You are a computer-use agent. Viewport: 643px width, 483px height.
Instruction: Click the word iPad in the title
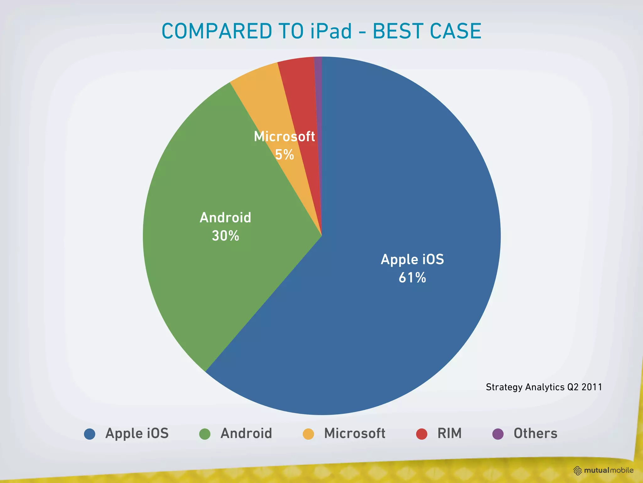(331, 31)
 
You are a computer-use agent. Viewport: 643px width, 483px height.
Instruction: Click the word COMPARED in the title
(217, 31)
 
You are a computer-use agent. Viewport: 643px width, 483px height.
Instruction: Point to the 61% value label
(412, 278)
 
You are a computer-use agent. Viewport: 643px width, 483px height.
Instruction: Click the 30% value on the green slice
(225, 236)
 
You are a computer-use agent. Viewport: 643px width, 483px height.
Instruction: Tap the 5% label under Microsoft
(284, 155)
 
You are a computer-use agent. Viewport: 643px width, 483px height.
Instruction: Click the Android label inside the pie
(225, 218)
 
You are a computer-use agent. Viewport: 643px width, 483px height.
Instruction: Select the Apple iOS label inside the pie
(412, 259)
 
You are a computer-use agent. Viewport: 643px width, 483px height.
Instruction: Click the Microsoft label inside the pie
(284, 136)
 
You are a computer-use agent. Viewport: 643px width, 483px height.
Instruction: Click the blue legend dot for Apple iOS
(90, 434)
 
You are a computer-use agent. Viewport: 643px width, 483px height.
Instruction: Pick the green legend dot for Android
(205, 434)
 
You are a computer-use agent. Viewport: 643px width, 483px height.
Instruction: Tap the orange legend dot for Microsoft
(308, 434)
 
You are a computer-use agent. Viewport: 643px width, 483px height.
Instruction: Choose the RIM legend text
(449, 433)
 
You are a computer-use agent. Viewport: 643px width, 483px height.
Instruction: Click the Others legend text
(535, 433)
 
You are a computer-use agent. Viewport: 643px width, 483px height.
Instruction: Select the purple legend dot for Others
(498, 434)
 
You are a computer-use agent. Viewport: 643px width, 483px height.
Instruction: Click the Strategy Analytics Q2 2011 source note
(544, 387)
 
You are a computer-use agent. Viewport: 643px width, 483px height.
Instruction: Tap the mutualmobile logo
(603, 470)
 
